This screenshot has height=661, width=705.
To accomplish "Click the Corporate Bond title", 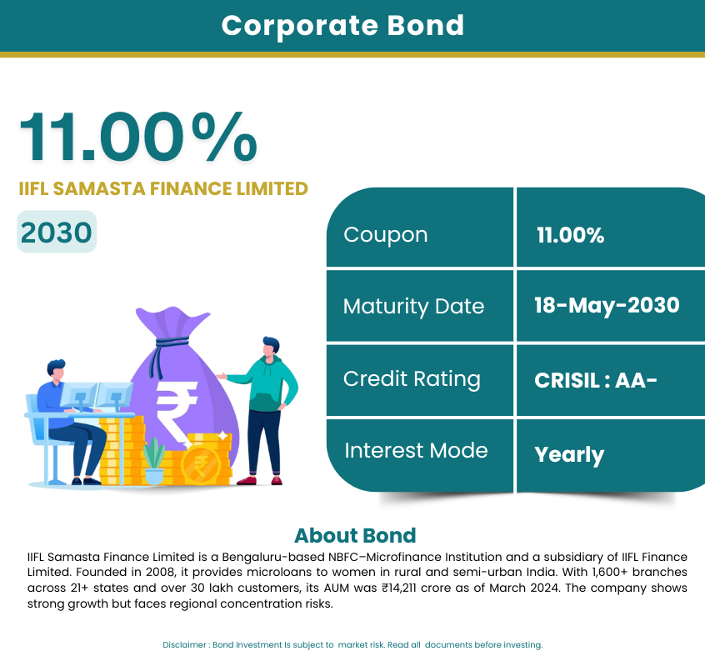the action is [342, 26].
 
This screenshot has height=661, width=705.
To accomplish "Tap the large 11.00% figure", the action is [138, 137].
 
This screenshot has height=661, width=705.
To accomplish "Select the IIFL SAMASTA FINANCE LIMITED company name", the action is [163, 189].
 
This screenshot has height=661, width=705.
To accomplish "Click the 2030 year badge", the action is [57, 232].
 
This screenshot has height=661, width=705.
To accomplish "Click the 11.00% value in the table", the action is [570, 235].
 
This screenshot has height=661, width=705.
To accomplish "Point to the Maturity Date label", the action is [413, 307].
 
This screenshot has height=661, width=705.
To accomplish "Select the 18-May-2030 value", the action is [607, 305].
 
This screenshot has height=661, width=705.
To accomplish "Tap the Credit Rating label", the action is [412, 379].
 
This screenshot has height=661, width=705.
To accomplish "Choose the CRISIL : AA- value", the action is [596, 380].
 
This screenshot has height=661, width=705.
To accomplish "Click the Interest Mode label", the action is [416, 451].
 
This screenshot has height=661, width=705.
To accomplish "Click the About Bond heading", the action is [355, 535].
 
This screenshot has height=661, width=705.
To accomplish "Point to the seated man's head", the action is [56, 370].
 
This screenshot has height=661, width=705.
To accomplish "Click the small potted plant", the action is [154, 460].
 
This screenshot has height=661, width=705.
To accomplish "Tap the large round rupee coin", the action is [201, 465].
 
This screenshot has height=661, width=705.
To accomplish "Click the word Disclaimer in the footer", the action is [184, 645].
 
